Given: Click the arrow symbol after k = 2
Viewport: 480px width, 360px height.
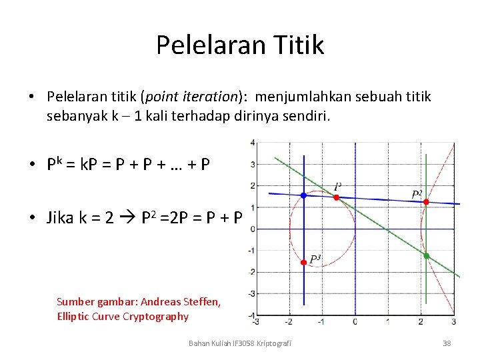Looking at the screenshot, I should point(131,218).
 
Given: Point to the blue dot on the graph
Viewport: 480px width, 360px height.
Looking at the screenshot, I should point(303,195).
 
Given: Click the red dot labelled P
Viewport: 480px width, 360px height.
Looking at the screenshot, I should point(336,197).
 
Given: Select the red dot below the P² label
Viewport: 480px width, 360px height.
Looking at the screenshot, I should point(426,201).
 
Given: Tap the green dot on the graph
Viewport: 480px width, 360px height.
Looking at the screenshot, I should point(426,255).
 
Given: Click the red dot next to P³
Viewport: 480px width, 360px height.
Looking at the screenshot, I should point(303,263).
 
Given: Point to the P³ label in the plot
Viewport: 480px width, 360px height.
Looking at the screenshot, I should point(315,259).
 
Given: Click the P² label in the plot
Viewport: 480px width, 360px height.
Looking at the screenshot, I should point(417,194).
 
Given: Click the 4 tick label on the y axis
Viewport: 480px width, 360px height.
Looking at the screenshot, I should point(252,143).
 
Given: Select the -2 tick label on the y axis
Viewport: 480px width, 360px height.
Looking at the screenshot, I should point(251,272).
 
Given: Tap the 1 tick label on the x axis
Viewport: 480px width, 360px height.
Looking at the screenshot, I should point(388,322).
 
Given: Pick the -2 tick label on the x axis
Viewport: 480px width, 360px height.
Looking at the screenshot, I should point(288,322).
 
